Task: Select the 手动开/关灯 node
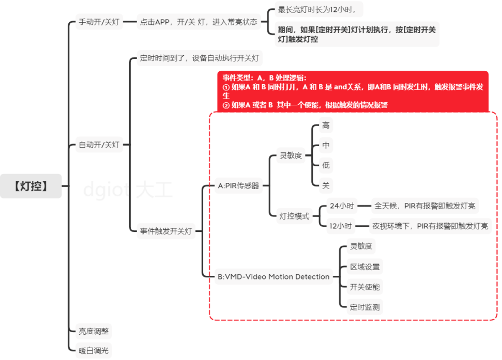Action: click(99, 22)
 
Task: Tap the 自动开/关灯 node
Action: click(99, 145)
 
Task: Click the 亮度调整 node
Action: click(94, 331)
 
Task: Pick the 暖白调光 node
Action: click(94, 351)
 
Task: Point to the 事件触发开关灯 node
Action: click(165, 231)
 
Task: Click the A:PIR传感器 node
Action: click(238, 185)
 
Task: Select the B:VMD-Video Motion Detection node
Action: click(273, 277)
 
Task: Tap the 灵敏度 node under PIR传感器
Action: click(291, 155)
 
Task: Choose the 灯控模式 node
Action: click(294, 216)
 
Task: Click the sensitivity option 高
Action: click(326, 126)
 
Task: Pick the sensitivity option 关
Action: click(326, 185)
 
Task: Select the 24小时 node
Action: click(341, 206)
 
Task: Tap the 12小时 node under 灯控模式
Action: click(341, 226)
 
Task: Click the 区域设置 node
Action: click(364, 267)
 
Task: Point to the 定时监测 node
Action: click(364, 307)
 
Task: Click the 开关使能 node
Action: click(364, 287)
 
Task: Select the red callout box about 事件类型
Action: click(353, 91)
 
